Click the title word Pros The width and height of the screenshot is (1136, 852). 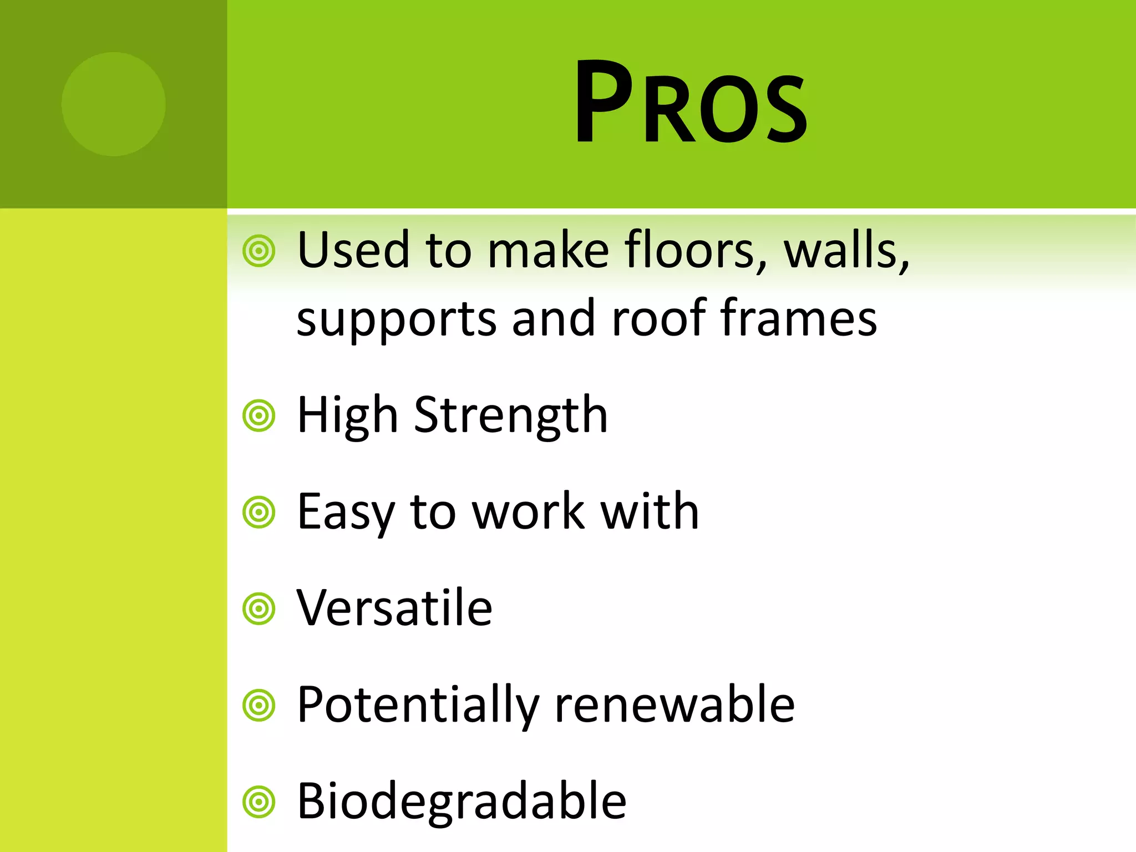point(691,103)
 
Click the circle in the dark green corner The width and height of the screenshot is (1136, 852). point(114,104)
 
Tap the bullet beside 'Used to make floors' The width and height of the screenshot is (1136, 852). point(259,251)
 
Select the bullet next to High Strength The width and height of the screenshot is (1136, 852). point(259,415)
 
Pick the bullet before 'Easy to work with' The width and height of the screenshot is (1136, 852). point(259,512)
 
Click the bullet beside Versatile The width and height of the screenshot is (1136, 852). point(259,608)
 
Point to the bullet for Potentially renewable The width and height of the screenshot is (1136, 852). point(259,706)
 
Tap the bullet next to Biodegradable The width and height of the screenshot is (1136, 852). point(259,802)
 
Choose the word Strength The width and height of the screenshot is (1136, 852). point(511,415)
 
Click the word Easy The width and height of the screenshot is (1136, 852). point(346,512)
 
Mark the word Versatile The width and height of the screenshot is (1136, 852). point(394,608)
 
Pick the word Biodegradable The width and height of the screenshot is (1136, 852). point(461,801)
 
